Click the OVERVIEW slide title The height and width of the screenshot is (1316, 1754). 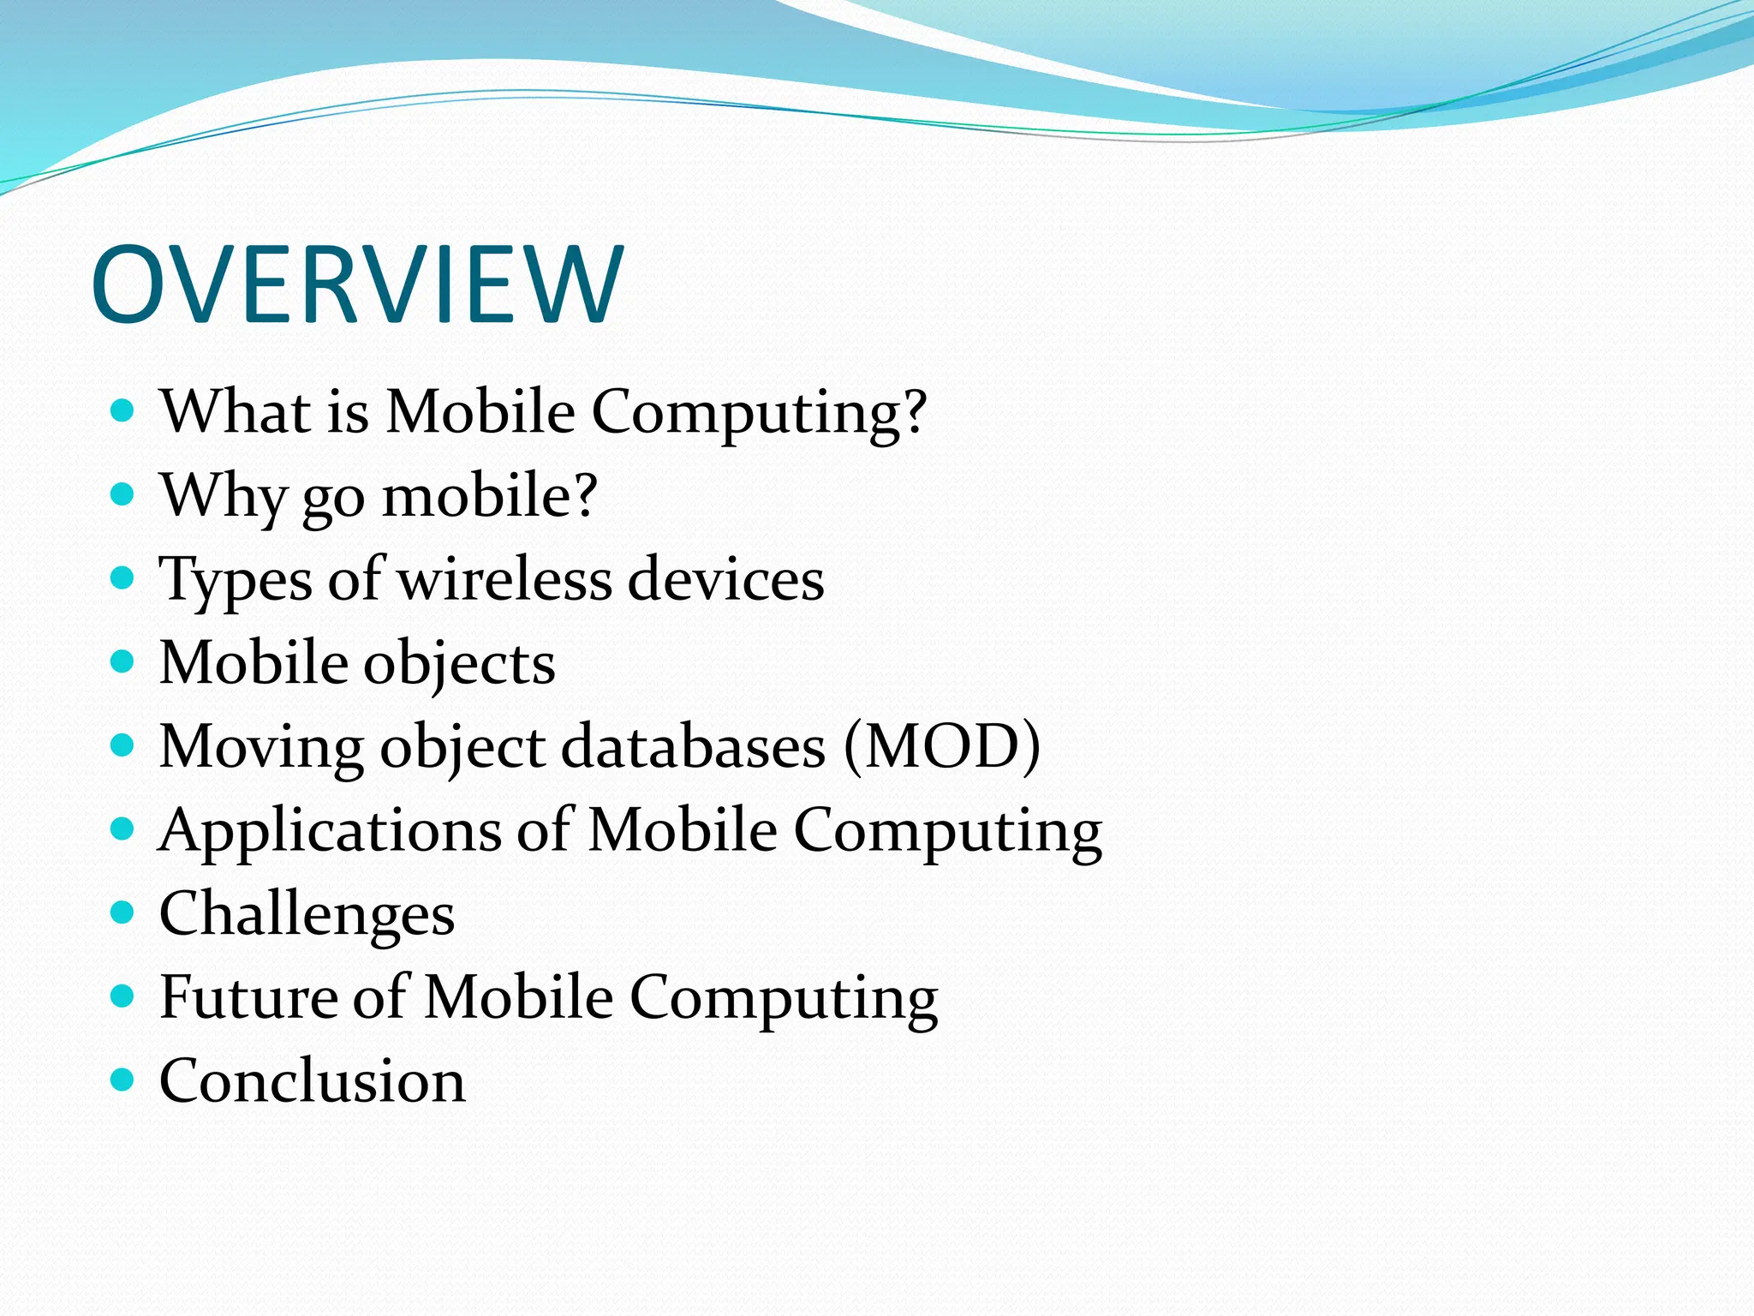coord(357,284)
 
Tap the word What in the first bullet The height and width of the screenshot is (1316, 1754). coord(236,411)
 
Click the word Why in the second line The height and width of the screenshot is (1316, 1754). coord(223,495)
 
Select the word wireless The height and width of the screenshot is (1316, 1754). coord(504,579)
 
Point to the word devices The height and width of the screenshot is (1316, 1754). coord(725,579)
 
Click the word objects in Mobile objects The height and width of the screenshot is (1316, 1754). coord(459,664)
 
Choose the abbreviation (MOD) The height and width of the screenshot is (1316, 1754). coord(942,745)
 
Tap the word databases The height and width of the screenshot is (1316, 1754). coord(694,745)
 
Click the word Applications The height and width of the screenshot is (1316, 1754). coord(330,831)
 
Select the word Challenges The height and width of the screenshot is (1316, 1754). coord(307,914)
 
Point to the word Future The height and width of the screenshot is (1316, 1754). coord(248,996)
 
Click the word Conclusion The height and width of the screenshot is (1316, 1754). coord(313,1080)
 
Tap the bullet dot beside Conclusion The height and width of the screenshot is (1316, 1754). coord(123,1079)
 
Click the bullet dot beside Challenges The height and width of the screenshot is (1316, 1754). coord(123,912)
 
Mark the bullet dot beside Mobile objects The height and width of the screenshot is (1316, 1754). coord(123,661)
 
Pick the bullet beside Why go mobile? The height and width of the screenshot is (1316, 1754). coord(123,494)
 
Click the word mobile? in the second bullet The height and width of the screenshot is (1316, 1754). coord(489,495)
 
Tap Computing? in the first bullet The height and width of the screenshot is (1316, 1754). coord(759,411)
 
